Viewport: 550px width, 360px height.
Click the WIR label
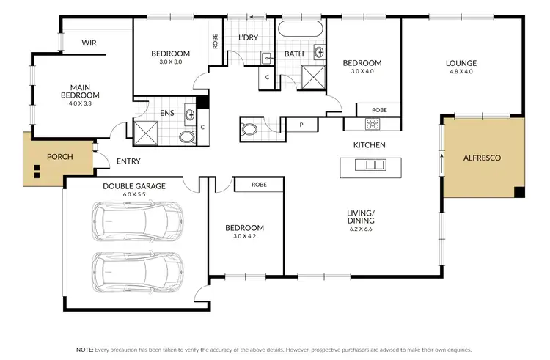pos(89,43)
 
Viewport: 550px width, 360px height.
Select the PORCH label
pos(59,157)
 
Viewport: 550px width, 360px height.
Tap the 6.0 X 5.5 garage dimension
pos(133,195)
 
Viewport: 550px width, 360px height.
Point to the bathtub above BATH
pos(299,30)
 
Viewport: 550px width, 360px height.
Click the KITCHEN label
pos(369,145)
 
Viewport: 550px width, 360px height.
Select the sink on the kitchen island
pos(370,165)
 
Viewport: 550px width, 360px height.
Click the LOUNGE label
pos(461,63)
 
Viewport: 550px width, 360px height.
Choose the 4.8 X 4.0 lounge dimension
pos(461,72)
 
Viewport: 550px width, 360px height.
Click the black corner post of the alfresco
pos(520,192)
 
